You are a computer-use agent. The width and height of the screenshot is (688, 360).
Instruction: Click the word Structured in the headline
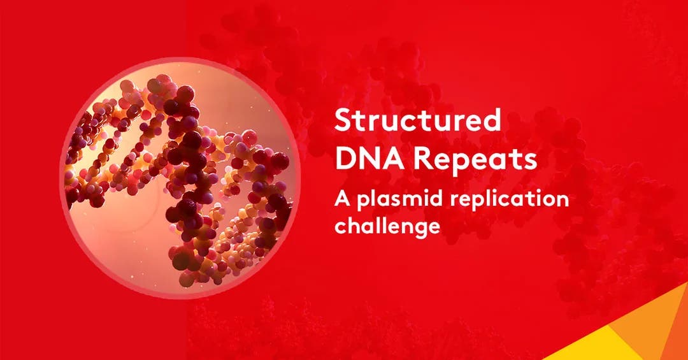coord(418,121)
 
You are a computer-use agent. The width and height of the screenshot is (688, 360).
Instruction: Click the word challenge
coord(388,226)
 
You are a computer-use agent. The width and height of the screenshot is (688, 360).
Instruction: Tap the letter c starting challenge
coord(341,227)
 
